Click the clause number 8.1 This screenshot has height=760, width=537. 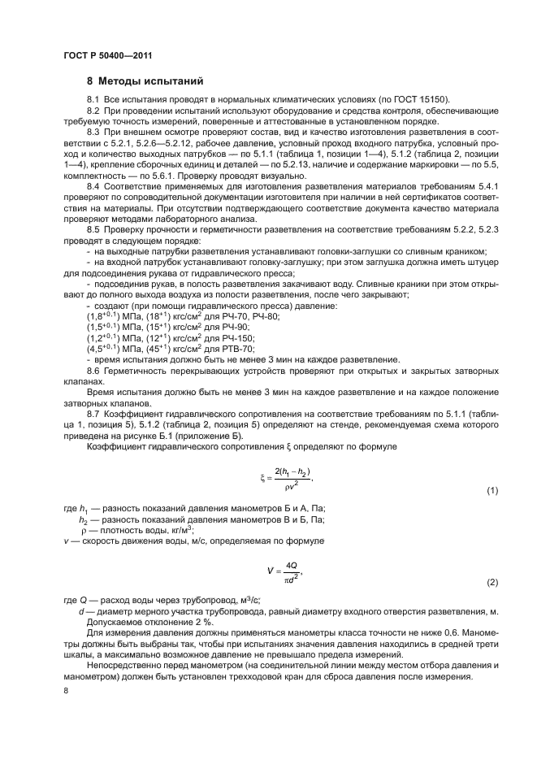pyautogui.click(x=93, y=99)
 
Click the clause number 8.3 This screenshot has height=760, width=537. pyautogui.click(x=93, y=131)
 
